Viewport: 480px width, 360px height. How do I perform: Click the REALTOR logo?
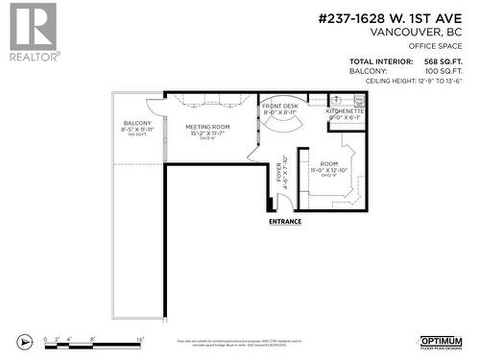click(31, 32)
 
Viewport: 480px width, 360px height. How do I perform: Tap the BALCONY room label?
click(138, 124)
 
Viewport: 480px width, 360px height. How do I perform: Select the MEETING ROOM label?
click(207, 127)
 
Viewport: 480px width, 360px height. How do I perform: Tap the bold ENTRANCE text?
click(284, 222)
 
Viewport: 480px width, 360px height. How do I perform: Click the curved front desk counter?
click(280, 126)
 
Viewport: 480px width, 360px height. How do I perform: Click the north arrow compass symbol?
click(25, 340)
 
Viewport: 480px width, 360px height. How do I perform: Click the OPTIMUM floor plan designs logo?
click(442, 342)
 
